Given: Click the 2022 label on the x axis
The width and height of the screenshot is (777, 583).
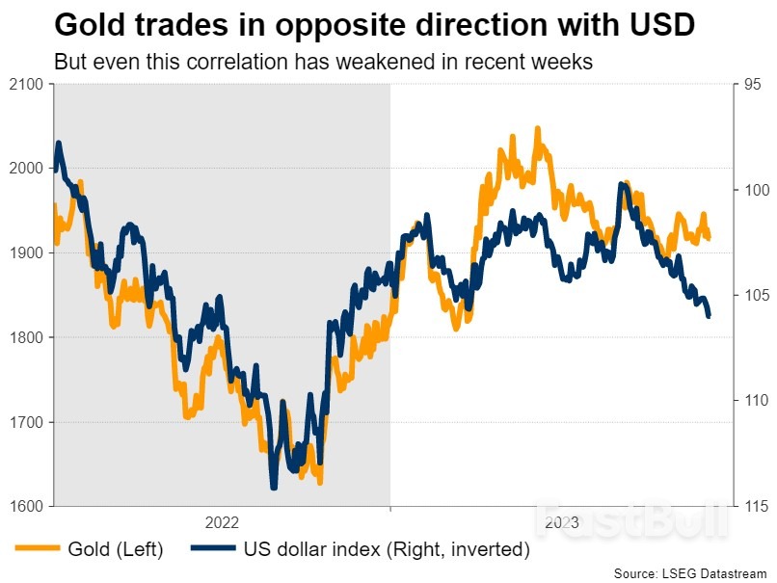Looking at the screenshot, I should coord(222,523).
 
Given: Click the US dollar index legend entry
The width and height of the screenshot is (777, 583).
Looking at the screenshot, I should coord(362,550).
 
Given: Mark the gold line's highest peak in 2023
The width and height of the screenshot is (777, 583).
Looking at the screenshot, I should coord(537,128).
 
